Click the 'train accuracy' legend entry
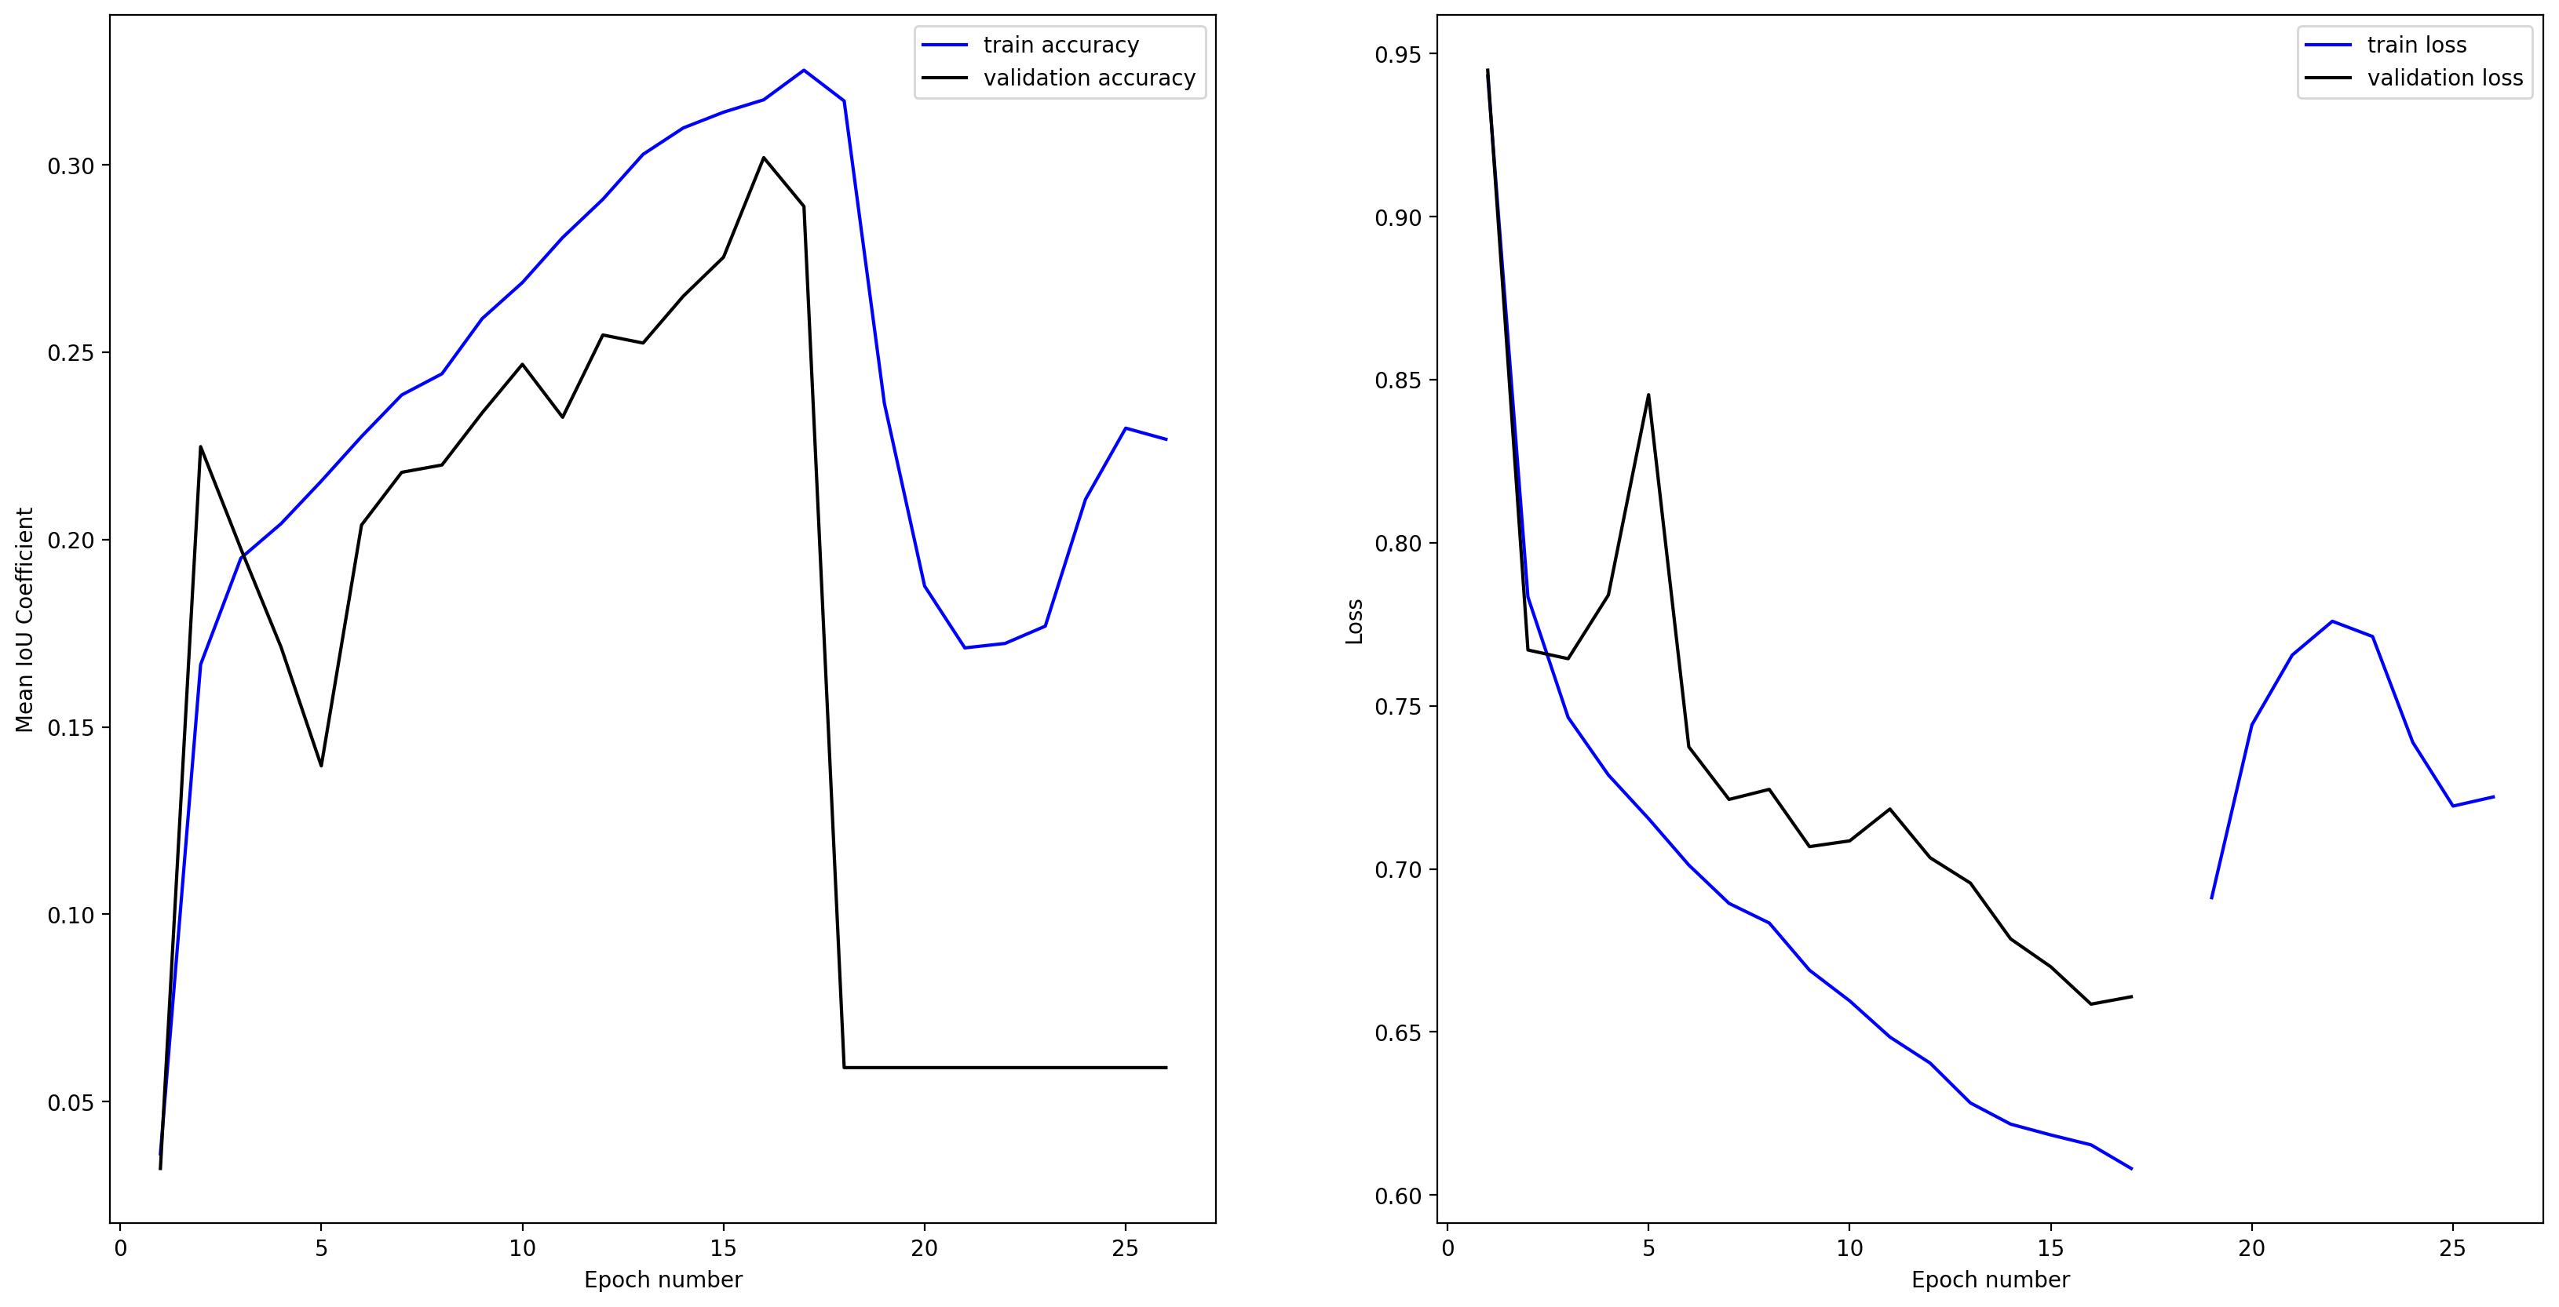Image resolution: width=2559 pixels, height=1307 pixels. tap(1060, 45)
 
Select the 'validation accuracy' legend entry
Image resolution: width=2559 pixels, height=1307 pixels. tap(1088, 78)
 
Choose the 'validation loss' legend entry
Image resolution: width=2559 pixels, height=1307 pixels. tap(2444, 78)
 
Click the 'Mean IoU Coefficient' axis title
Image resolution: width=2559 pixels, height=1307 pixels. tap(25, 620)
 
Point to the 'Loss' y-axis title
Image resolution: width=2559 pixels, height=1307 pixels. tap(1354, 621)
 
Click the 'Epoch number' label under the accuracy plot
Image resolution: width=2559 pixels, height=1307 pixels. tap(663, 1280)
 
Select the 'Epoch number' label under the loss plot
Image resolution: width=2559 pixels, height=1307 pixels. tap(1990, 1280)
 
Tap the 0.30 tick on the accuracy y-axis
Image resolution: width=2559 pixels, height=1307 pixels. tap(71, 166)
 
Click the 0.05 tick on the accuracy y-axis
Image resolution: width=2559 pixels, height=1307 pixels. tap(71, 1102)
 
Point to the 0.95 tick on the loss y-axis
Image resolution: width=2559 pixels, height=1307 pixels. tap(1398, 55)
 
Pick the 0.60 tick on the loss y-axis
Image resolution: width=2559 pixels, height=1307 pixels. tap(1398, 1196)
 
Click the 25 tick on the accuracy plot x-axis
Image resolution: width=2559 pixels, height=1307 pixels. tap(1125, 1248)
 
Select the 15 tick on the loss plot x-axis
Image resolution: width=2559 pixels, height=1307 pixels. tap(2050, 1248)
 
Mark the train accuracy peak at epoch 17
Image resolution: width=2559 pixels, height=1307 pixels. tap(804, 70)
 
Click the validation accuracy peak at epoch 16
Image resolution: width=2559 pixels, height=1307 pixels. tap(763, 157)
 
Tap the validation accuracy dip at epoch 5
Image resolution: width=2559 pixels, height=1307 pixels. tap(321, 766)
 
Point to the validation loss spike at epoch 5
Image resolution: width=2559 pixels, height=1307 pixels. tap(1648, 395)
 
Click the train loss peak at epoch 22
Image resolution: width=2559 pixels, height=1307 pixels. tap(2331, 621)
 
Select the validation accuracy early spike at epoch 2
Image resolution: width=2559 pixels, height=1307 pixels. tap(201, 447)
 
